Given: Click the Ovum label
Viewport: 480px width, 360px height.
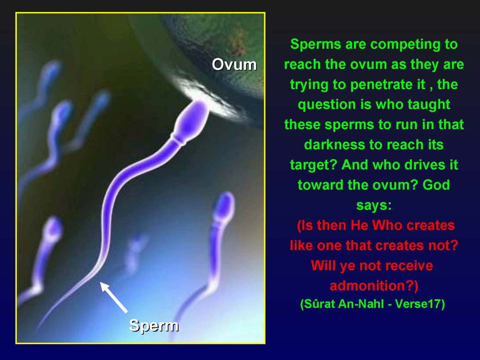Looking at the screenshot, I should click(x=234, y=65).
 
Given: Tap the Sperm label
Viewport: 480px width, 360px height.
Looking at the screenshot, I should click(x=154, y=326).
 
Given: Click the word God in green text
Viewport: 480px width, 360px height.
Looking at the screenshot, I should click(x=436, y=185).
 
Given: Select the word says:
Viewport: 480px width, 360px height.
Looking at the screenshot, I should click(x=374, y=205).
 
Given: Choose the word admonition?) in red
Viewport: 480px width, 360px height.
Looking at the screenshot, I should click(x=374, y=286).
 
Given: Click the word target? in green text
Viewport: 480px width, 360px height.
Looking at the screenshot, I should click(x=313, y=165).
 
